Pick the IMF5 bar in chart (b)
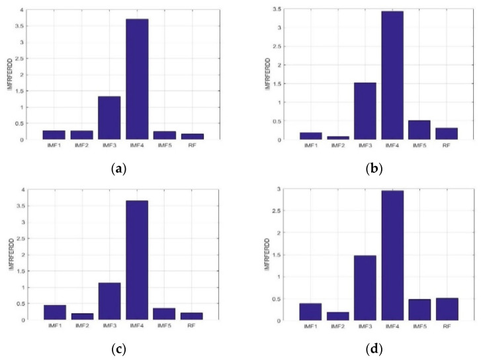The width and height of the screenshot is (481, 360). (x=419, y=130)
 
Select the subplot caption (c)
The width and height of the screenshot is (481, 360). (x=119, y=347)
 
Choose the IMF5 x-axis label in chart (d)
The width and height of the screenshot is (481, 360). (x=419, y=327)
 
